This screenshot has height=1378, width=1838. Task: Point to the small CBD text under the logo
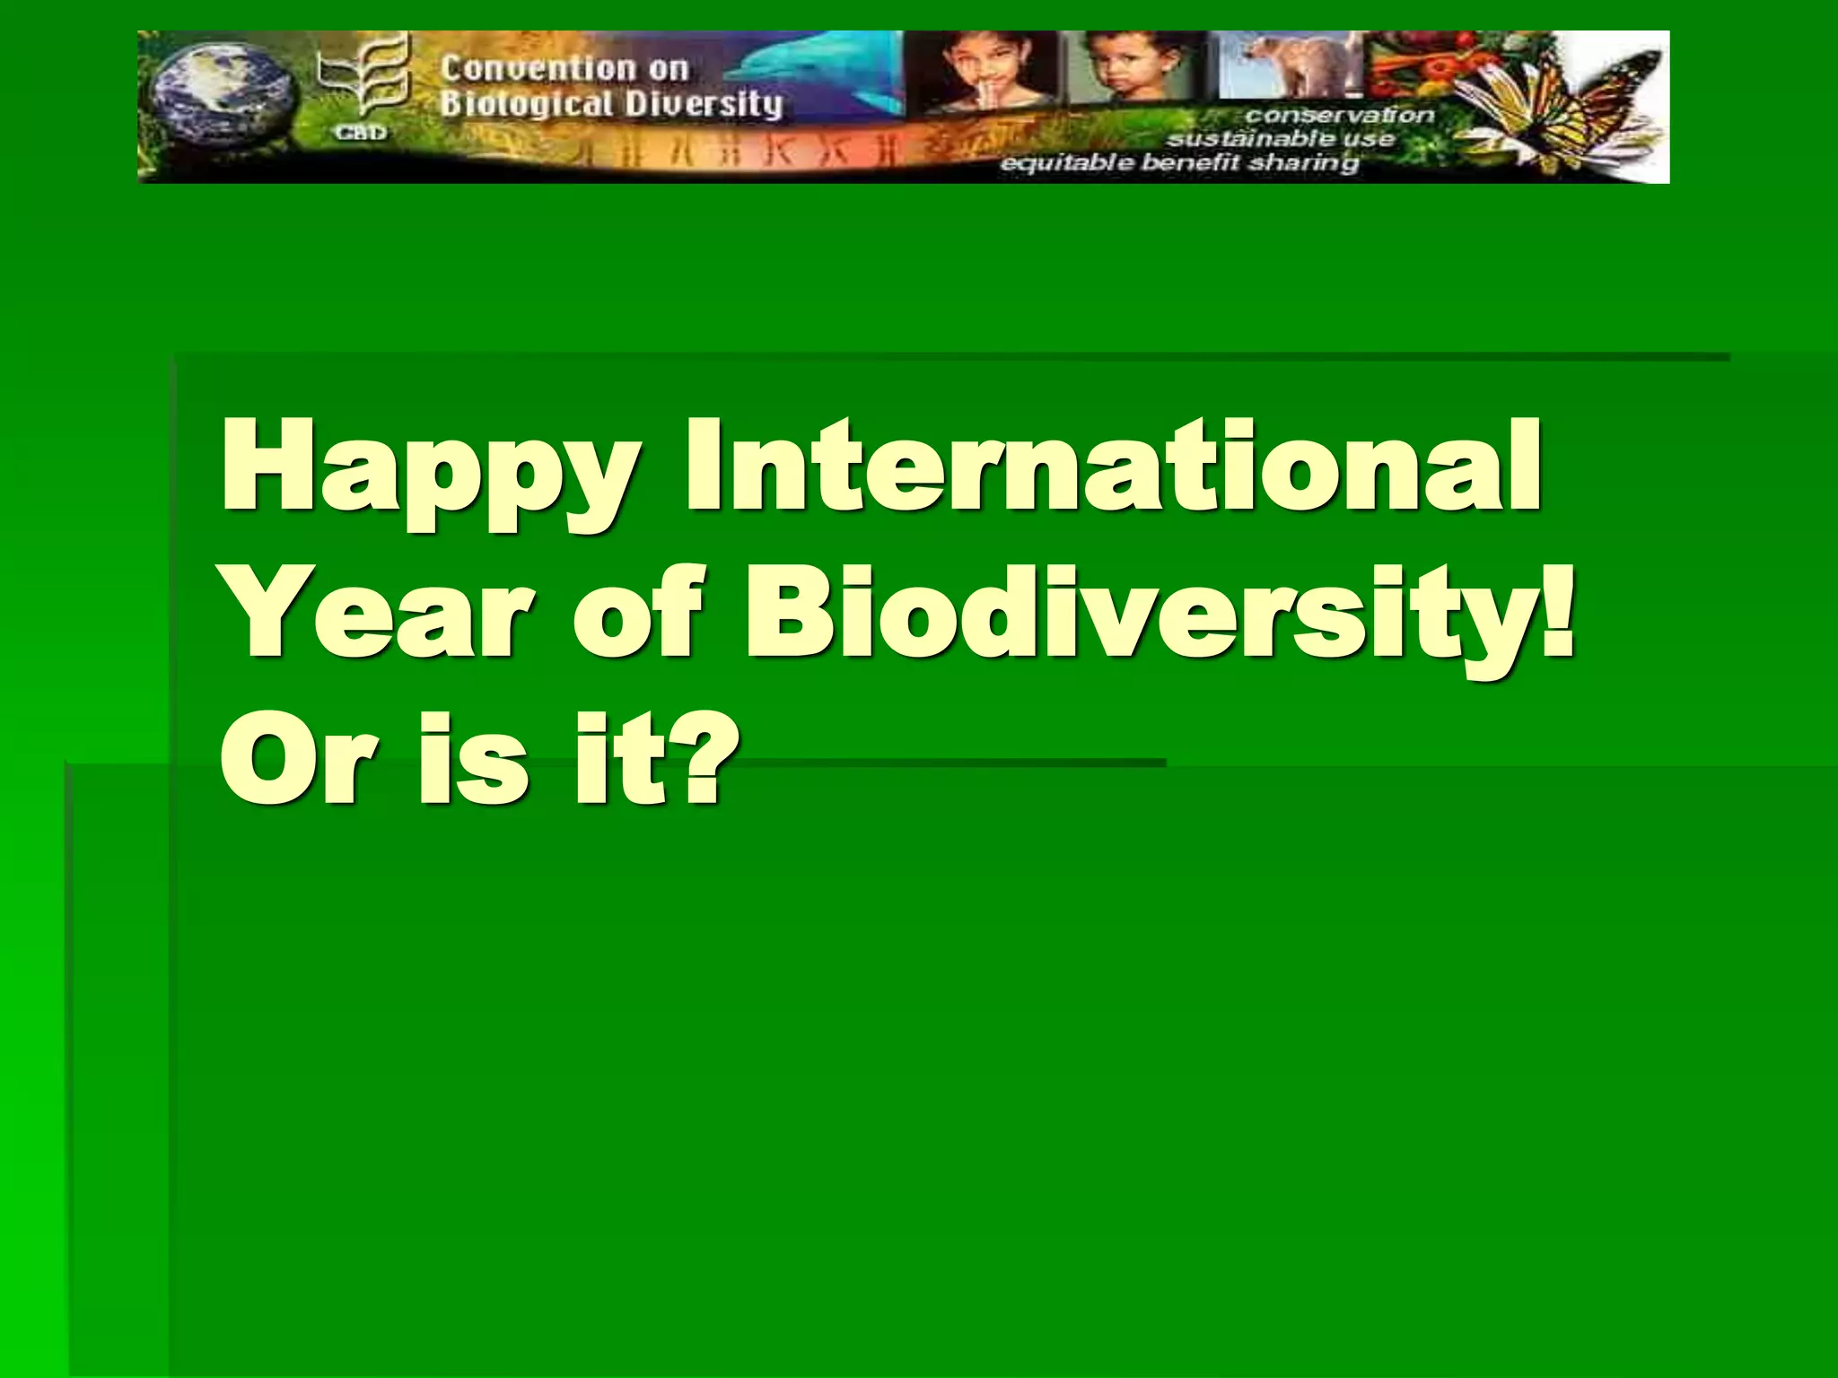pyautogui.click(x=362, y=133)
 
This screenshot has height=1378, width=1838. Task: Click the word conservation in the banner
pyautogui.click(x=1338, y=116)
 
